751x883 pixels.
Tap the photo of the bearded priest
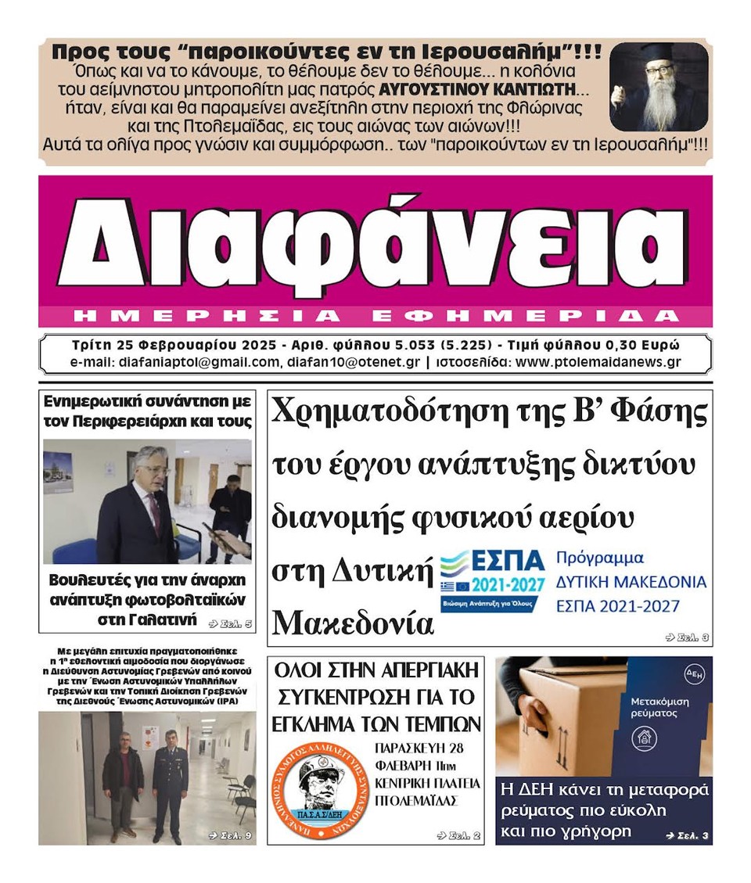(658, 87)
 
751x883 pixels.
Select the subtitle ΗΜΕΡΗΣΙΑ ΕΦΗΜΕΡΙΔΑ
(375, 316)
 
